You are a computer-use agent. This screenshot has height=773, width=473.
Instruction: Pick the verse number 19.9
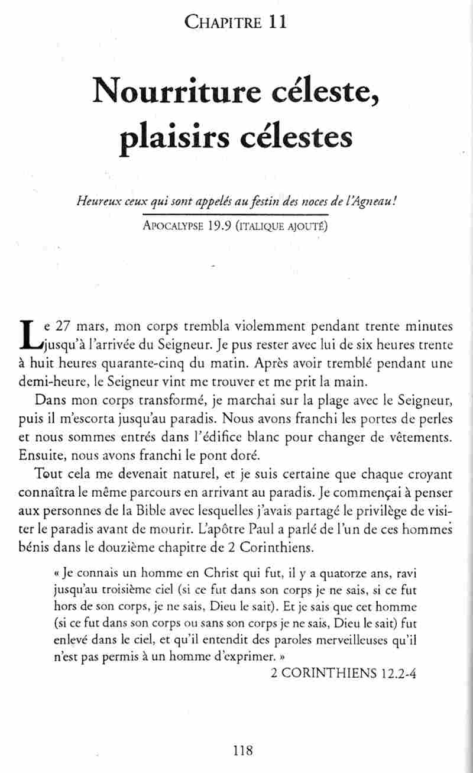tap(218, 226)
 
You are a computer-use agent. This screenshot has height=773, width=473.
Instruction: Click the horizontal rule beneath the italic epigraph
tap(237, 215)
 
